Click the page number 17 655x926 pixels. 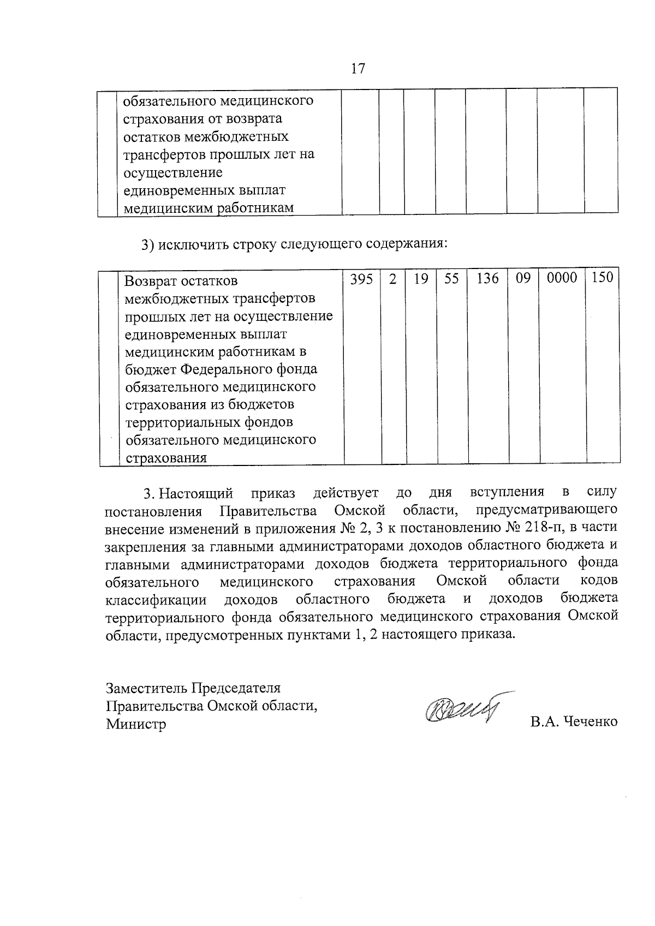[x=358, y=69]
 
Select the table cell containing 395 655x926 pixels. [x=361, y=279]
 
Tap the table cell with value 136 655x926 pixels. [x=487, y=279]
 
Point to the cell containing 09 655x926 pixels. [x=523, y=279]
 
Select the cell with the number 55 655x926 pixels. [x=451, y=279]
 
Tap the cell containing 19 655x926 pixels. [x=420, y=279]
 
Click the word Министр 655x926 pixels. [x=136, y=725]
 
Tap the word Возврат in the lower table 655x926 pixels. [x=152, y=282]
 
